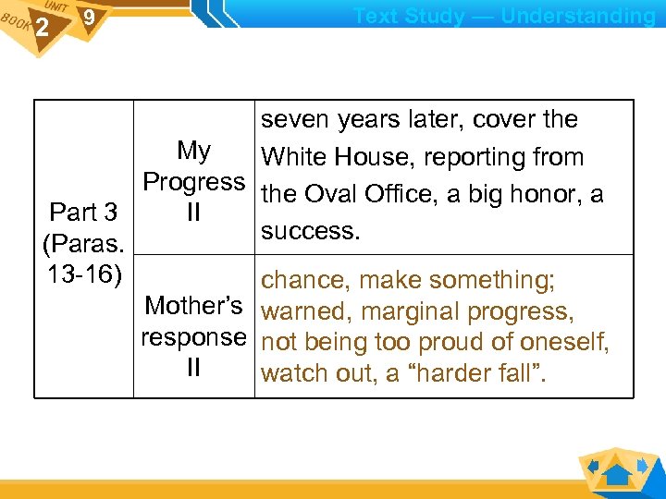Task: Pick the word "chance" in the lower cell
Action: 305,279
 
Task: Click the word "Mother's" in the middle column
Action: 194,306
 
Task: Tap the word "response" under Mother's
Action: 194,337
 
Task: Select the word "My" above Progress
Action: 194,151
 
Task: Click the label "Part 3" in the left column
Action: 83,213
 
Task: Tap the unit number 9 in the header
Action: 88,18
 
